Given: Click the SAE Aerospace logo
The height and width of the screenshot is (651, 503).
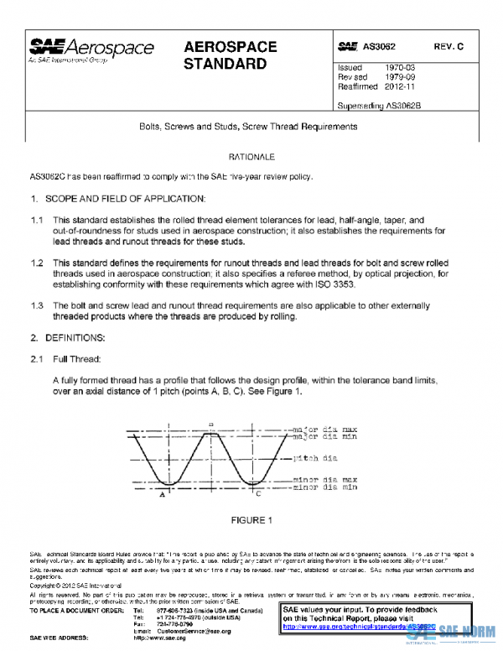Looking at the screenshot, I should (x=91, y=50).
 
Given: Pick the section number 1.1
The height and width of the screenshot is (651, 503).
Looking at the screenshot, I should (x=36, y=220).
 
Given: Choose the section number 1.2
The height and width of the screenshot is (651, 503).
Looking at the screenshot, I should (x=36, y=263).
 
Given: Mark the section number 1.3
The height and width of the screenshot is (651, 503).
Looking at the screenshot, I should (x=36, y=305).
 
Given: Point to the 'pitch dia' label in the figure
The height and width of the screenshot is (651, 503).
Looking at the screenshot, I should (x=314, y=459).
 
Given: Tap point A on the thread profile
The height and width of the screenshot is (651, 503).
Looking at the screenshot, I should (x=161, y=495).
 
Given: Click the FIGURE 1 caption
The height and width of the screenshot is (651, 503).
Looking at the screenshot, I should (x=252, y=520).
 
